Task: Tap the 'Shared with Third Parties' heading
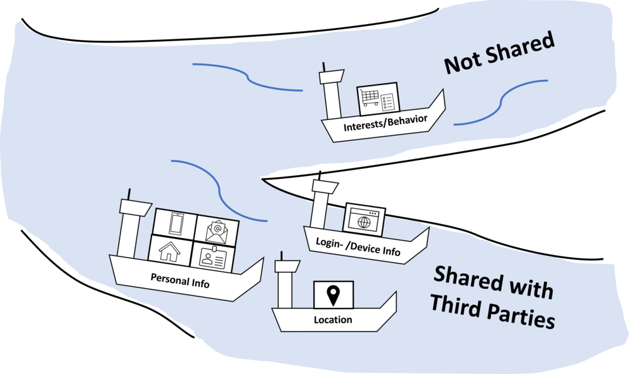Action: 492,297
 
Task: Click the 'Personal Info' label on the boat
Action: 179,280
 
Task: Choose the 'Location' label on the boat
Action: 333,319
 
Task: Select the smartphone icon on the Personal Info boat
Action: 177,224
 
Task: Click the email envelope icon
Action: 217,229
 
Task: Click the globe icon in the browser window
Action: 364,222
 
